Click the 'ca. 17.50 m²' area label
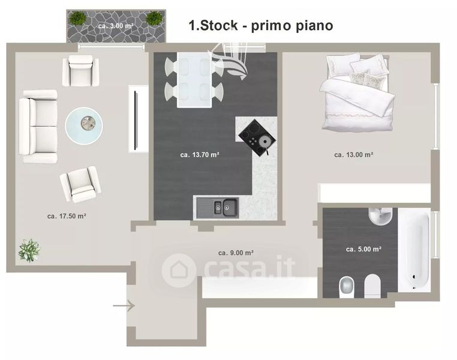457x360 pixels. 67,216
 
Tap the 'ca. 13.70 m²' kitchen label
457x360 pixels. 200,155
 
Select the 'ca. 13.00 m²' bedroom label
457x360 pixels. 353,155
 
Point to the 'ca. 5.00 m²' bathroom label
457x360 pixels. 363,249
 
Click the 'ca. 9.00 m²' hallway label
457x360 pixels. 236,253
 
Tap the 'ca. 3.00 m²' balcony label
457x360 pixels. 116,26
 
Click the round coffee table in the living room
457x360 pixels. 84,125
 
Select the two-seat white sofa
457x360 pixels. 38,126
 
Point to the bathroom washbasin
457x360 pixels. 380,217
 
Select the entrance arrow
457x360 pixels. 124,306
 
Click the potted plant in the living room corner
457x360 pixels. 29,250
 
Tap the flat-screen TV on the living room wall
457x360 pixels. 135,121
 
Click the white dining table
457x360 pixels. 194,80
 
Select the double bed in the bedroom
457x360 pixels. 357,92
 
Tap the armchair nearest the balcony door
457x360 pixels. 81,71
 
